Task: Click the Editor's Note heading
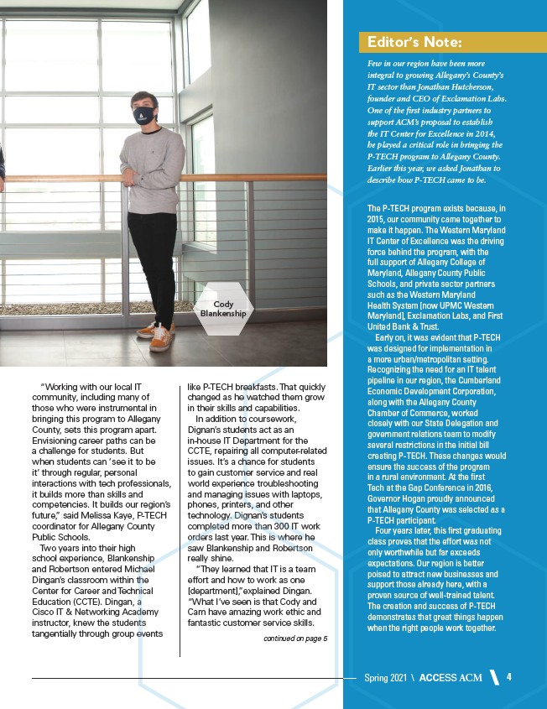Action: (x=411, y=43)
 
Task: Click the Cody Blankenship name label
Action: (x=222, y=308)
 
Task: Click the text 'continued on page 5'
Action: (x=294, y=639)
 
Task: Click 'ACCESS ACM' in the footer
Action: (x=451, y=678)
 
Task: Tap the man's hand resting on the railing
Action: (x=126, y=177)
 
